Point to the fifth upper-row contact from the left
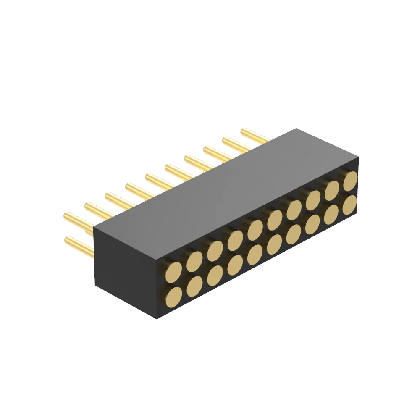255,229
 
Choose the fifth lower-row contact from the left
255,255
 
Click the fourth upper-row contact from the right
294,208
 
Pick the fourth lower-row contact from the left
235,265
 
